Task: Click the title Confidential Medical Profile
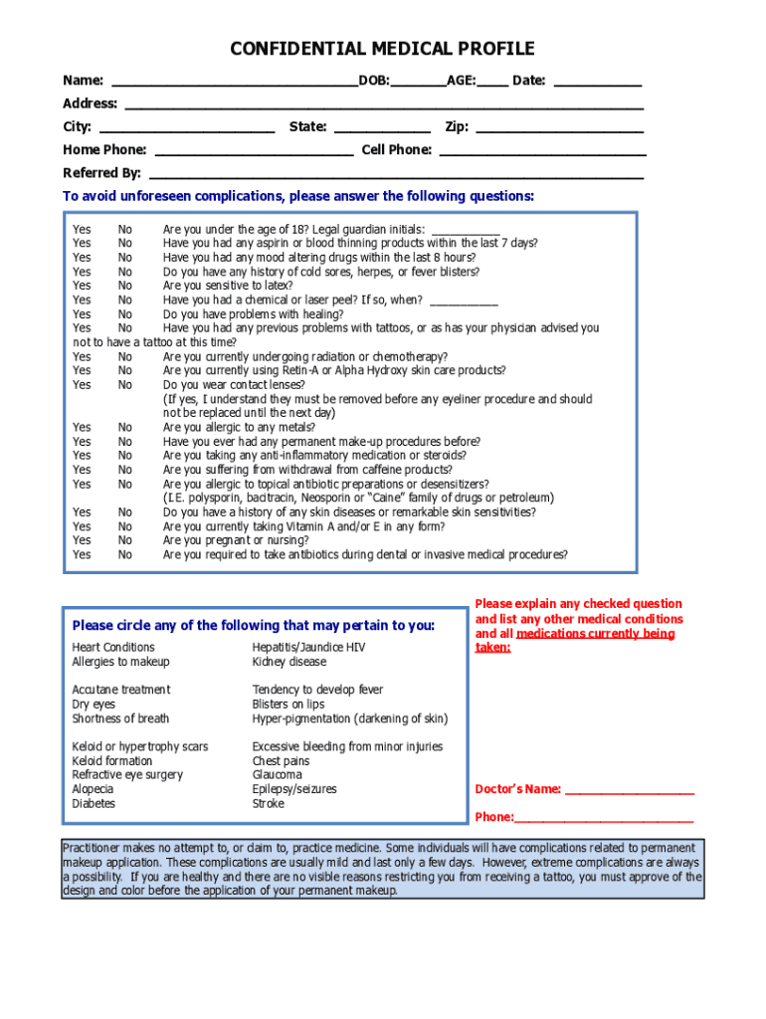[382, 49]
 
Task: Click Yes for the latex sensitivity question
[82, 285]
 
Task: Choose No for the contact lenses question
[125, 384]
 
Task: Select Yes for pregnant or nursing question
[82, 540]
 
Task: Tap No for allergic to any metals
[125, 427]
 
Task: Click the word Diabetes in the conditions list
[94, 804]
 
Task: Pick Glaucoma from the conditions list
[277, 775]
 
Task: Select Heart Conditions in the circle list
[113, 648]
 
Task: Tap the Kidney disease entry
[288, 662]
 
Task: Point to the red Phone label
[493, 818]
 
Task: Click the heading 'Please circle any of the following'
[254, 626]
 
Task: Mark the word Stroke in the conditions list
[268, 804]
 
